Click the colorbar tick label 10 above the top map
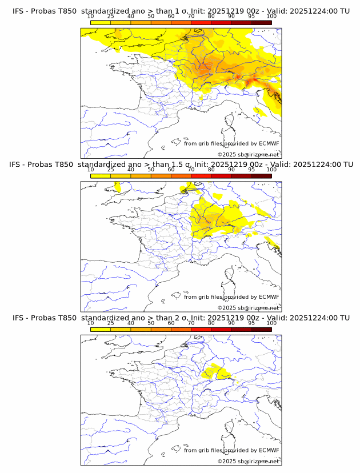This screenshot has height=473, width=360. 91,17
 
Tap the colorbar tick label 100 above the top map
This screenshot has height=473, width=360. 271,17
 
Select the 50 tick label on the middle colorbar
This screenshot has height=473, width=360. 151,170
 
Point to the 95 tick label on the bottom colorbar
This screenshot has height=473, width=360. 251,323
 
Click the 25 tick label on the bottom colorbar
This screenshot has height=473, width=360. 111,323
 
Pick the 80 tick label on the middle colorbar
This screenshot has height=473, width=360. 211,170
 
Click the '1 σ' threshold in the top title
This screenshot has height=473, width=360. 183,10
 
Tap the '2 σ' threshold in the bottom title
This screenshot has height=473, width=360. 183,317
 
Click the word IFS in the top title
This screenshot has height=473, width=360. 19,10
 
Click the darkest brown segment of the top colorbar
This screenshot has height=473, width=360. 262,23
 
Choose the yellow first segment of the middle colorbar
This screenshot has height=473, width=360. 101,177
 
